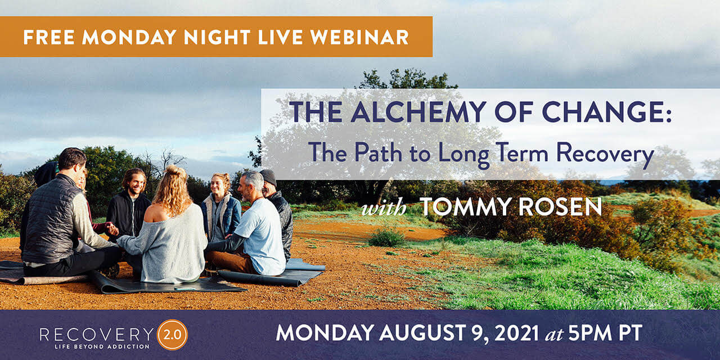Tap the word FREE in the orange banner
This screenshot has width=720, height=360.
[x=48, y=37]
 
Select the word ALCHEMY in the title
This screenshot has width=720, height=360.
[x=418, y=112]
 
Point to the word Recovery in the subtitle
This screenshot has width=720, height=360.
[x=605, y=154]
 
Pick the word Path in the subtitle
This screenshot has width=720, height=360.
[x=379, y=152]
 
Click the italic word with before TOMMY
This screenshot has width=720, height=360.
[x=384, y=208]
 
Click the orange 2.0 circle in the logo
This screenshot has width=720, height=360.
[x=172, y=335]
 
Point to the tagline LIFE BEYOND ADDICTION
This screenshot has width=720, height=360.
[x=102, y=347]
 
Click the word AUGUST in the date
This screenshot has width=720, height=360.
[x=421, y=333]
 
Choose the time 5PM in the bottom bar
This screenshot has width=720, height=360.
[x=590, y=333]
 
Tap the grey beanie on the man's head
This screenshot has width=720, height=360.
[x=268, y=177]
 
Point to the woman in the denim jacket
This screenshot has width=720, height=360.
[x=221, y=209]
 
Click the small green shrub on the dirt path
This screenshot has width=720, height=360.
[x=386, y=238]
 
